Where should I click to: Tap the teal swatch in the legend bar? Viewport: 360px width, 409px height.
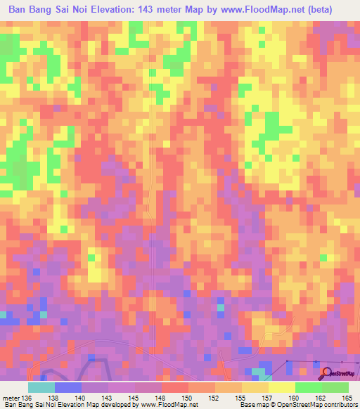(41, 387)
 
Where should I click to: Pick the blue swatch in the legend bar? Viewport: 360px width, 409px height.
(68, 387)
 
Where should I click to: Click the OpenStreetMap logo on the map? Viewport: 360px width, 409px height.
(337, 372)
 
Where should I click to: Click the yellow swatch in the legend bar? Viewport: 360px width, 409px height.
(282, 387)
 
